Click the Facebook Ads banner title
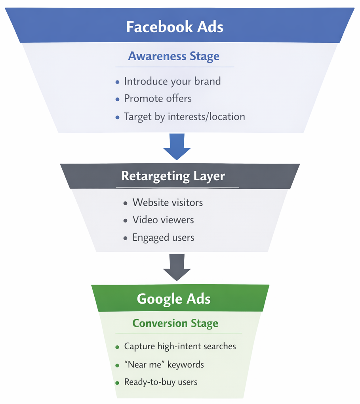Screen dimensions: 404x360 175,27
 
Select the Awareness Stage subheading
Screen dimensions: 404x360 173,56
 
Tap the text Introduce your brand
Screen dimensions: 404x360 172,81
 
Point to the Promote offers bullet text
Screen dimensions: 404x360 158,98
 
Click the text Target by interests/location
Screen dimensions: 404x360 184,117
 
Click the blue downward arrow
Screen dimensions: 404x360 177,146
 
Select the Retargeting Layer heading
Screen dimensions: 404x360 173,176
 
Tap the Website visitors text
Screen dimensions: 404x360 168,202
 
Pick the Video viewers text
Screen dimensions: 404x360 163,220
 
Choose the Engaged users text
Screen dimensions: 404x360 163,237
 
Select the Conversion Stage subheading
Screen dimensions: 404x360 175,323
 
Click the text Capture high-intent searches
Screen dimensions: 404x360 180,346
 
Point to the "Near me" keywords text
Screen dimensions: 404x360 164,364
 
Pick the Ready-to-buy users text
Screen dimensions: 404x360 160,382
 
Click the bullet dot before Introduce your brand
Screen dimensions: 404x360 117,82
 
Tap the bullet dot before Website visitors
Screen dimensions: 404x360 126,203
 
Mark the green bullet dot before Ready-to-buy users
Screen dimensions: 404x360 117,383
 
